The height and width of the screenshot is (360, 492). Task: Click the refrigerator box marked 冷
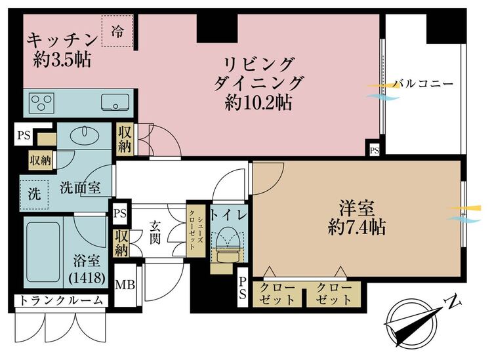click(x=117, y=31)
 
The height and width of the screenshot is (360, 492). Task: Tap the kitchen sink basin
click(x=115, y=102)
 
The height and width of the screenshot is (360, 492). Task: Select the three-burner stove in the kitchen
click(x=41, y=103)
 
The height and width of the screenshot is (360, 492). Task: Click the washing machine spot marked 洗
click(x=34, y=195)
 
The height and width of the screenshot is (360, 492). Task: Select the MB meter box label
click(x=125, y=285)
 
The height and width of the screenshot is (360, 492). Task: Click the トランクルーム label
click(x=62, y=300)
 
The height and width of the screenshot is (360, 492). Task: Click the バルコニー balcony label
click(x=424, y=84)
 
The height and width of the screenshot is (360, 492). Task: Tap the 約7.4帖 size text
click(x=357, y=227)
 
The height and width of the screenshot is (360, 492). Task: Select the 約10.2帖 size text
click(x=258, y=102)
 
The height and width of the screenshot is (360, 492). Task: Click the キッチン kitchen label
click(x=62, y=40)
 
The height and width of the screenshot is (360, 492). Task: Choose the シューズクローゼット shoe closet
click(x=196, y=231)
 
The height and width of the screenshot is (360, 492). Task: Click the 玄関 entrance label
click(x=155, y=232)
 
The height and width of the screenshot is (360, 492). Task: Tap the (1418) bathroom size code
click(x=87, y=277)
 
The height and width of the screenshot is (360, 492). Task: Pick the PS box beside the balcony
click(x=374, y=150)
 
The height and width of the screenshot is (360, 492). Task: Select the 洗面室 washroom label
click(x=80, y=188)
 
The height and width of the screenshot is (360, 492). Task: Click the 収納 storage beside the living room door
click(x=125, y=139)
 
